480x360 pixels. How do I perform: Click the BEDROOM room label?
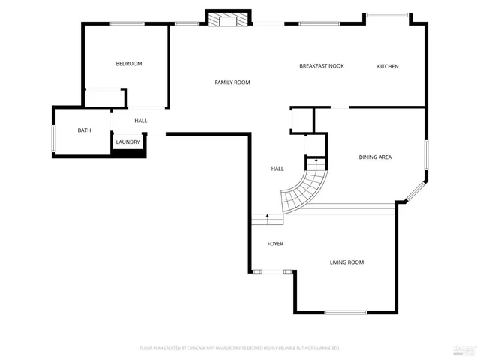click(128, 64)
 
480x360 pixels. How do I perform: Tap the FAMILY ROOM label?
click(232, 82)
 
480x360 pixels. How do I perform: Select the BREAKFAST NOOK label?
click(321, 66)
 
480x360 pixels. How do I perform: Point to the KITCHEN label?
click(387, 67)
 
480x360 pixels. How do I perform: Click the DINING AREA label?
click(375, 157)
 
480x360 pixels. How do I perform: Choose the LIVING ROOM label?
click(346, 262)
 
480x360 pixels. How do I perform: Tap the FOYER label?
click(275, 244)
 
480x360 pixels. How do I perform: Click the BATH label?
click(84, 130)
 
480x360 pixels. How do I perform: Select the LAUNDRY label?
click(127, 142)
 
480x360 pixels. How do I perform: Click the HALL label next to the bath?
click(140, 121)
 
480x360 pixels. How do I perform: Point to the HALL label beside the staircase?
click(277, 169)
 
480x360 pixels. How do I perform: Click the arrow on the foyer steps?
click(267, 217)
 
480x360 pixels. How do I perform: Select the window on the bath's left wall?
click(53, 139)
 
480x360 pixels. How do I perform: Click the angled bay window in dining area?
click(415, 190)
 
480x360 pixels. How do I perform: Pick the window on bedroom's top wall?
click(127, 23)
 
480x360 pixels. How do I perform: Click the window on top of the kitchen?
click(387, 14)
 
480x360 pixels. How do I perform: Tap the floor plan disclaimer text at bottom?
click(239, 348)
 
